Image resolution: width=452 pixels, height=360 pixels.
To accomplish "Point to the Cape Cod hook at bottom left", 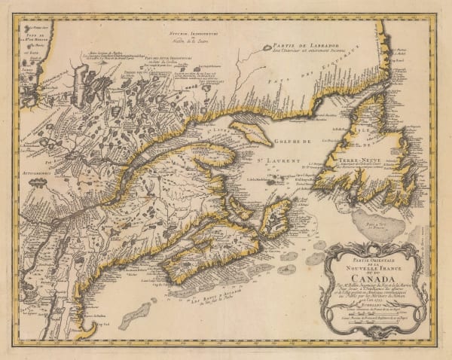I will [90, 331].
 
